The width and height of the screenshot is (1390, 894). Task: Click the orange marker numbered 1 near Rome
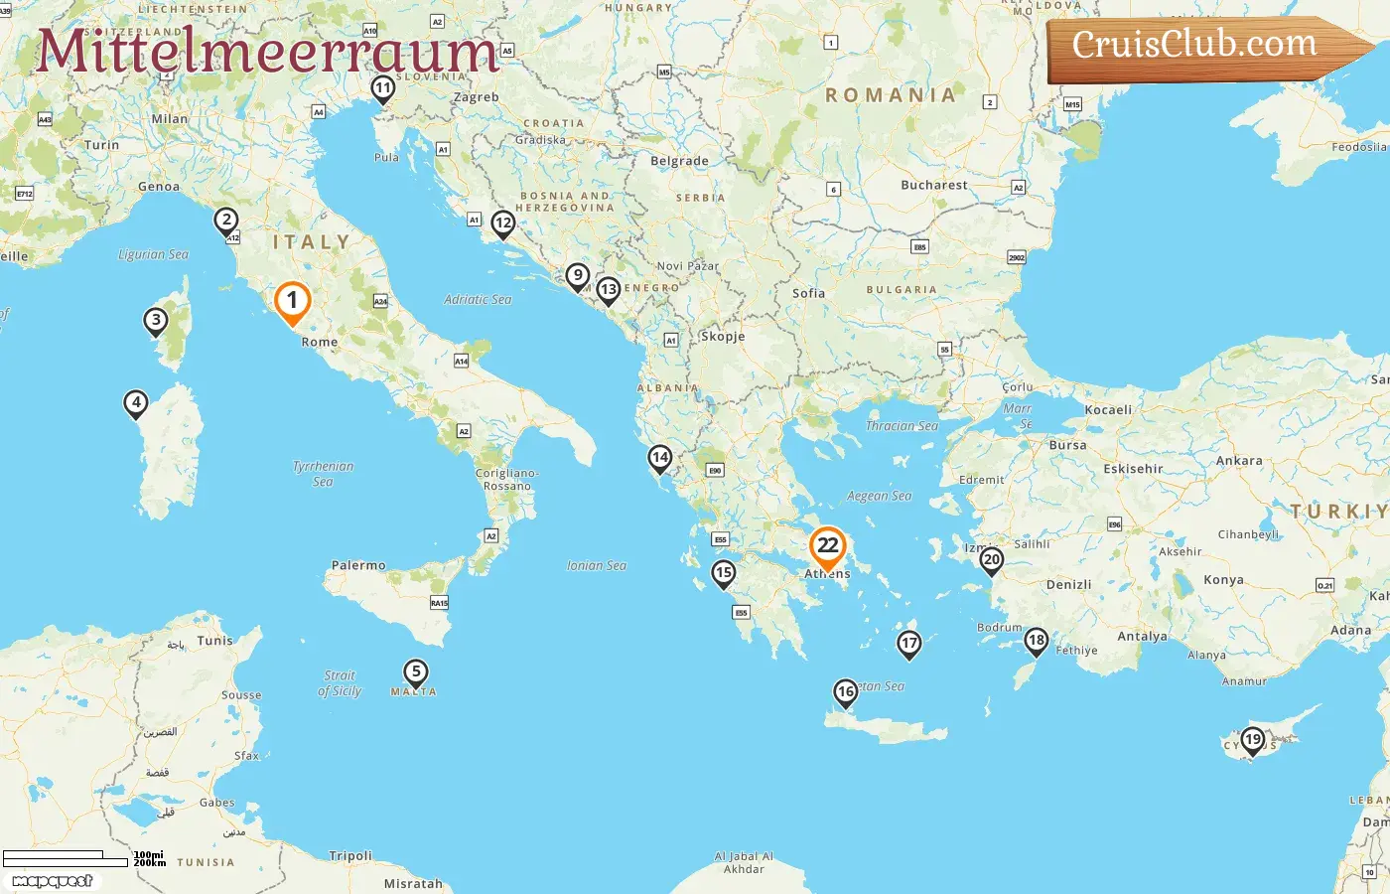(x=292, y=301)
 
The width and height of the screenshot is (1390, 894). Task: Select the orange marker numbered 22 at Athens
(x=827, y=545)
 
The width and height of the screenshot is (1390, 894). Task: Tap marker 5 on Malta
(x=416, y=672)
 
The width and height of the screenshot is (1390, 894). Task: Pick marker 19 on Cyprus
(x=1253, y=740)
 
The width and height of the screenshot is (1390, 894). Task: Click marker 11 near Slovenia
(x=382, y=88)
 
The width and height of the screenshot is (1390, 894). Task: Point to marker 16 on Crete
(x=845, y=691)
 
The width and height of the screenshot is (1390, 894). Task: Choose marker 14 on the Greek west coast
(x=659, y=458)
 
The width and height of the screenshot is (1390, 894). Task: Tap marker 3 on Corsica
(x=155, y=321)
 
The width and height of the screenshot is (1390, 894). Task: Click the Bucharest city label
(x=933, y=185)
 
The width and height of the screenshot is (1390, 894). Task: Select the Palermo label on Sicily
(x=358, y=565)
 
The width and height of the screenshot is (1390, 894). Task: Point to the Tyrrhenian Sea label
(x=323, y=473)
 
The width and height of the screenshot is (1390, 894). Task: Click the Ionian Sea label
(x=597, y=565)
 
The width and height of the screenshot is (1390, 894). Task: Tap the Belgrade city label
(x=679, y=161)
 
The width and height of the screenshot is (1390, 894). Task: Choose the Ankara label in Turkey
(x=1239, y=461)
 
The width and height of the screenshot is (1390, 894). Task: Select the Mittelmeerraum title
(x=266, y=52)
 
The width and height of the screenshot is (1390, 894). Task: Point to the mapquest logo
(x=53, y=881)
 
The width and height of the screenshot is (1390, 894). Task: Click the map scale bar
(x=67, y=858)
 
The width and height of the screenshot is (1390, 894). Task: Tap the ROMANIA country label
(x=891, y=95)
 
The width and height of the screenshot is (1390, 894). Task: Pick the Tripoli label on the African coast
(x=350, y=855)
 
